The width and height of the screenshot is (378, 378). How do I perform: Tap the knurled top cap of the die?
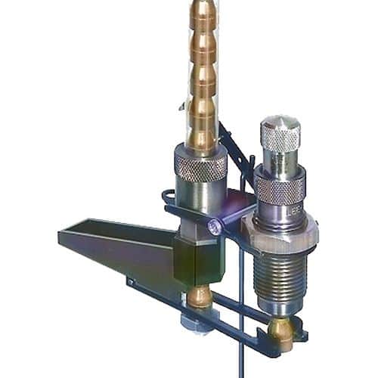click(280, 137)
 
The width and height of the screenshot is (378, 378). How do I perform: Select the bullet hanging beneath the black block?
click(200, 296)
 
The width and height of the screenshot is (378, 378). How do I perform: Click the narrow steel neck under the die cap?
click(280, 162)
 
